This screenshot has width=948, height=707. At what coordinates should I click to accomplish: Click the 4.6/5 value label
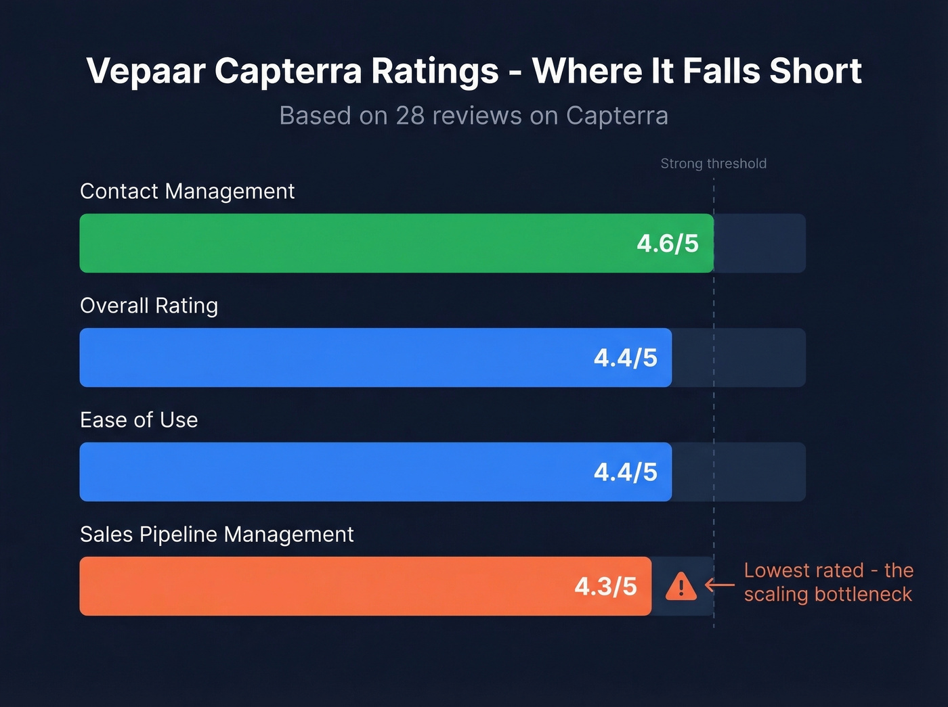click(x=668, y=244)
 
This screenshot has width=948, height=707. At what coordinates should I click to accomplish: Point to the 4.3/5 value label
click(x=605, y=587)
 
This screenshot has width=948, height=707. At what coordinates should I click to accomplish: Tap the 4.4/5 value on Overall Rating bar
click(x=625, y=358)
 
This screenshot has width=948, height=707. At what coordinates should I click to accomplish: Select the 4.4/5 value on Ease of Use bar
click(x=625, y=472)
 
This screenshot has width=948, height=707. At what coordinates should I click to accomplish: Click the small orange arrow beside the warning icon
click(x=720, y=585)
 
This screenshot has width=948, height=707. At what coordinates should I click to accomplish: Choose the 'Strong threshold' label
click(x=713, y=164)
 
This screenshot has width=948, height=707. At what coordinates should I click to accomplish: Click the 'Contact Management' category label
click(x=188, y=191)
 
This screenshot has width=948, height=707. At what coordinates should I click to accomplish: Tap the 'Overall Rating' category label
click(x=149, y=306)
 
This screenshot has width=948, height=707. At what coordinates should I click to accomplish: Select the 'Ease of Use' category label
click(x=139, y=420)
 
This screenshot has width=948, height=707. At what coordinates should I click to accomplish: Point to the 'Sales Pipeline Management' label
click(x=217, y=534)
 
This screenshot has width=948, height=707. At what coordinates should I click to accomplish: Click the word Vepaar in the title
click(x=145, y=70)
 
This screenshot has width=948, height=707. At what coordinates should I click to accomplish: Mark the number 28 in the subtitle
click(x=410, y=116)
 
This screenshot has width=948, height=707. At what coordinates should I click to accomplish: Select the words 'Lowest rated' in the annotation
click(x=804, y=570)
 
